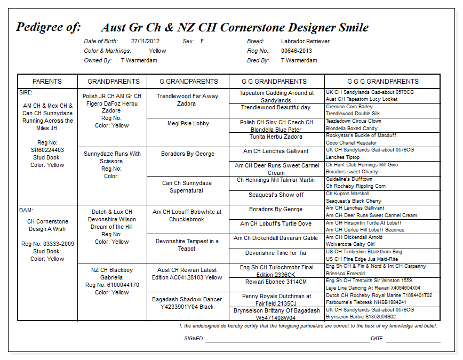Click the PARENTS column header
pyautogui.click(x=47, y=82)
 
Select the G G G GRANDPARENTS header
pyautogui.click(x=382, y=82)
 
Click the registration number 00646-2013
pyautogui.click(x=297, y=51)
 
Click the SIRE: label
pyautogui.click(x=26, y=92)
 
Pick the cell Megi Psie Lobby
pyautogui.click(x=188, y=123)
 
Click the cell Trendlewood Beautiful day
pyautogui.click(x=276, y=108)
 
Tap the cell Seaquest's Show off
pyautogui.click(x=276, y=195)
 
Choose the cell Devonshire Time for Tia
pyautogui.click(x=276, y=253)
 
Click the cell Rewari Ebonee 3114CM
pyautogui.click(x=276, y=282)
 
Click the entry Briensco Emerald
pyautogui.click(x=346, y=273)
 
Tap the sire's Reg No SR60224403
pyautogui.click(x=47, y=150)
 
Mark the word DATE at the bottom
pyautogui.click(x=377, y=339)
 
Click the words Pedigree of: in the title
pyautogui.click(x=49, y=27)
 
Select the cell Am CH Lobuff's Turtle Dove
pyautogui.click(x=276, y=224)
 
